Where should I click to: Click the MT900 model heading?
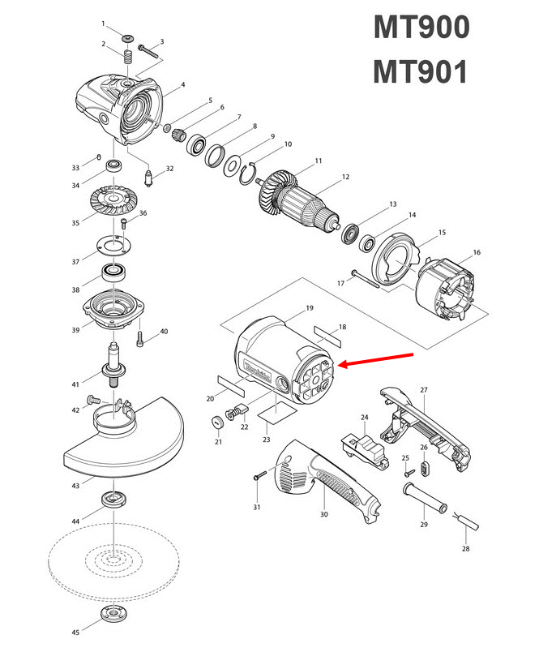(x=421, y=28)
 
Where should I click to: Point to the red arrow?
(x=379, y=360)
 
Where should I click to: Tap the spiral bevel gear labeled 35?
(x=114, y=200)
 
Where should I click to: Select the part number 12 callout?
(x=345, y=177)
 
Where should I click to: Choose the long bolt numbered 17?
(x=376, y=278)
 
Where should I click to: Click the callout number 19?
(x=309, y=309)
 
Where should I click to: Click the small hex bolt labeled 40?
(x=143, y=334)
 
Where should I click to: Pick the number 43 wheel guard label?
(x=75, y=486)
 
